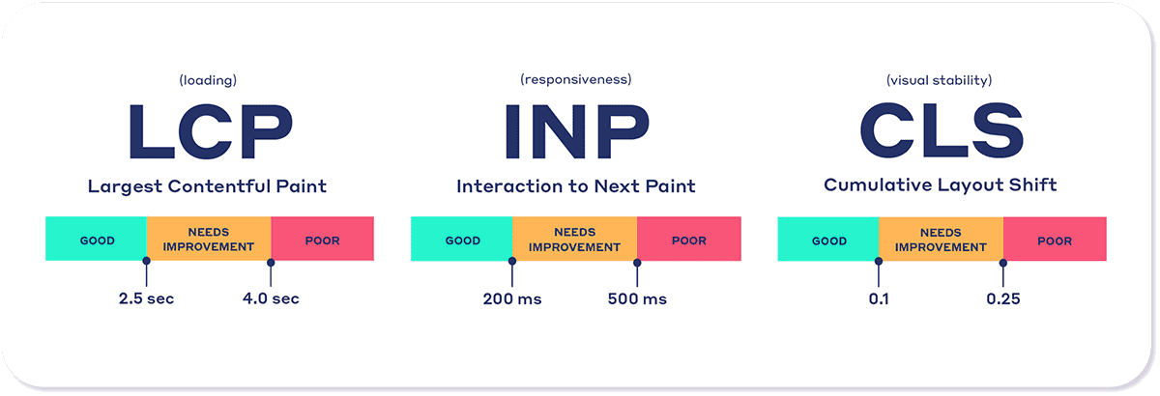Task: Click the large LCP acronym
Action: point(211,131)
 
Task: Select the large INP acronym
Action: point(577,131)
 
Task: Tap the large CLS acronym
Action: point(942,130)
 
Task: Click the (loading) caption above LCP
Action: point(208,80)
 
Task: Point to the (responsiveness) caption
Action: point(576,79)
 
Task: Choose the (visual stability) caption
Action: point(940,80)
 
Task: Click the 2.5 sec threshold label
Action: point(147,298)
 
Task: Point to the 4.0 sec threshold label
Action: point(271,298)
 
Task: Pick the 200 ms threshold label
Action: point(512,299)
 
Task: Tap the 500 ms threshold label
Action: point(637,299)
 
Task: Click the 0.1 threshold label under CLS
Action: point(879,299)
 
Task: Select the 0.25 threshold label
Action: point(1003,299)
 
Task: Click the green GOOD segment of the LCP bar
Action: point(97,239)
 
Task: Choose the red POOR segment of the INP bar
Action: point(688,239)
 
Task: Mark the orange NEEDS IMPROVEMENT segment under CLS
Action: point(941,240)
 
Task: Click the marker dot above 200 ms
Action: point(512,261)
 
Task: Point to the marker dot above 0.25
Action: point(1003,263)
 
